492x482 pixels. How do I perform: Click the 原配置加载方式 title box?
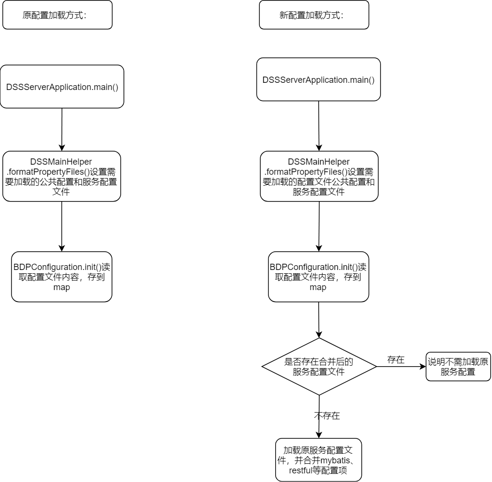pyautogui.click(x=57, y=15)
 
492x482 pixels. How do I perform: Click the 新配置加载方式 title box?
pyautogui.click(x=314, y=15)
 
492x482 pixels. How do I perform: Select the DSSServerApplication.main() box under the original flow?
pyautogui.click(x=62, y=87)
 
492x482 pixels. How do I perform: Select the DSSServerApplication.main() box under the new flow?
pyautogui.click(x=318, y=79)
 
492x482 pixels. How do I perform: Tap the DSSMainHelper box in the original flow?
pyautogui.click(x=62, y=176)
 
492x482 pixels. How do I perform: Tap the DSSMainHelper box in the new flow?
pyautogui.click(x=319, y=176)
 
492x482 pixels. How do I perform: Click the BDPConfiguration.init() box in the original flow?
pyautogui.click(x=62, y=277)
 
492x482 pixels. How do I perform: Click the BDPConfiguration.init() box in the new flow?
pyautogui.click(x=318, y=277)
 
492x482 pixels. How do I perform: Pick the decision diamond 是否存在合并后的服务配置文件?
pyautogui.click(x=319, y=367)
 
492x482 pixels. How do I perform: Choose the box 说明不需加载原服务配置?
pyautogui.click(x=458, y=367)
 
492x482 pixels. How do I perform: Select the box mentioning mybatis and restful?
pyautogui.click(x=318, y=460)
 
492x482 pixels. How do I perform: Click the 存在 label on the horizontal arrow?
pyautogui.click(x=396, y=360)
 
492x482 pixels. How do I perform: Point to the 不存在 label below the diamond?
pyautogui.click(x=327, y=415)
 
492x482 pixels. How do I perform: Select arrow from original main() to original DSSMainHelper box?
pyautogui.click(x=62, y=129)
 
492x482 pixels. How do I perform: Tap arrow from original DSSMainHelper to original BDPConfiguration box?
pyautogui.click(x=62, y=226)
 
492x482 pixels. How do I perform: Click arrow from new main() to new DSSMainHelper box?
pyautogui.click(x=319, y=125)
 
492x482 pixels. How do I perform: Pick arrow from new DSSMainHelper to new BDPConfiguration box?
pyautogui.click(x=319, y=226)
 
